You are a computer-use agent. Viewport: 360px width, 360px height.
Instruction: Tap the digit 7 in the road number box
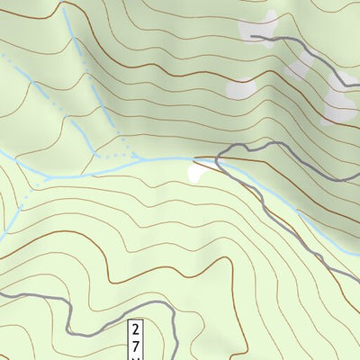(136, 345)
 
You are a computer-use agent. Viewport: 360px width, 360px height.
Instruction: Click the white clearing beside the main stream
(195, 171)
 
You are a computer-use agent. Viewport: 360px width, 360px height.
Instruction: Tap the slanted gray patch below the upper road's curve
(297, 72)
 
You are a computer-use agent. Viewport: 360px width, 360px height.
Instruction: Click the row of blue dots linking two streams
(113, 156)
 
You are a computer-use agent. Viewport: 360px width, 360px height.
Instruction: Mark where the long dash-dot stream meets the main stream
(137, 159)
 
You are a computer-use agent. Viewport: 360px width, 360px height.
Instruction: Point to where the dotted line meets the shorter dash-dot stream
(94, 154)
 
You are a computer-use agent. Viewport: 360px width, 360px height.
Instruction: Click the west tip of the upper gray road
(251, 37)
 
